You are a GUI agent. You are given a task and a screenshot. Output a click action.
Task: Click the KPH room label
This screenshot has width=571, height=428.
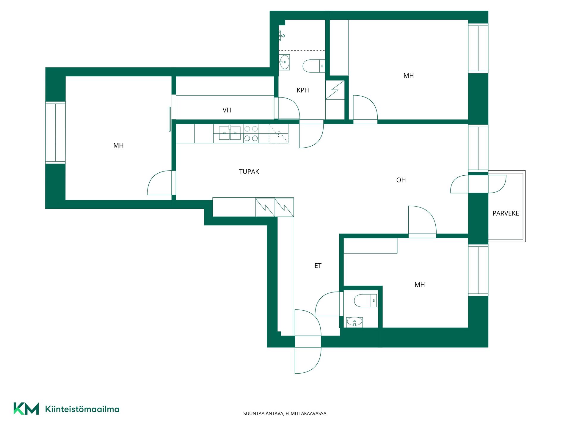[x=303, y=90]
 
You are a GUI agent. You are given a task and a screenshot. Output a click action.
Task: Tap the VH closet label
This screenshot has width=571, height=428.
[x=227, y=110]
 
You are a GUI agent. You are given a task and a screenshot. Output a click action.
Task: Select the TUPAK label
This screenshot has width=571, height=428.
[x=249, y=171]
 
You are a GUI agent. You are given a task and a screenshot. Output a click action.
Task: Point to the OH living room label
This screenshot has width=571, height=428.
[x=401, y=180]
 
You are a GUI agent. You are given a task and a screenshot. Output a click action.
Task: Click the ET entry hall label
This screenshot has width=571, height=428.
[x=318, y=266]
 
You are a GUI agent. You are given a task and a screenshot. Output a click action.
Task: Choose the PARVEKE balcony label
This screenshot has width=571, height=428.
[x=506, y=213]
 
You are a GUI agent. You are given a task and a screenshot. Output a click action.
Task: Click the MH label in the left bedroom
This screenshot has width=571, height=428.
[x=118, y=145]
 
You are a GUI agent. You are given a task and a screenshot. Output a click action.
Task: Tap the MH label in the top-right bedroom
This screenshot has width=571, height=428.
[x=409, y=76]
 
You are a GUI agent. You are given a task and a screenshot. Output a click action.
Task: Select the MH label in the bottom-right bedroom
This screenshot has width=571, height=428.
[x=420, y=285]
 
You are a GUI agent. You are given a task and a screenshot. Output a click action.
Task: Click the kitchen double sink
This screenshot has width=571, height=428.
[x=230, y=133]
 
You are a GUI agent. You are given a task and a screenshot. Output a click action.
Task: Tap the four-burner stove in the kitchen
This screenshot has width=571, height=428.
[x=251, y=133]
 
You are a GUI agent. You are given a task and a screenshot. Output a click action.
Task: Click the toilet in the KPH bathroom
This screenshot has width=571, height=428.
[x=314, y=66]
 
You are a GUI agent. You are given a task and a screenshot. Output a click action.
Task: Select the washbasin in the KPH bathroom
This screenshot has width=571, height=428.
[x=284, y=62]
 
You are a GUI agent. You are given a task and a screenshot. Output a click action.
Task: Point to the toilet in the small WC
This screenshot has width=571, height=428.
[x=365, y=300]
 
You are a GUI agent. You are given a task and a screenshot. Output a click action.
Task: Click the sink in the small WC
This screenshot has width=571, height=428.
[x=354, y=322]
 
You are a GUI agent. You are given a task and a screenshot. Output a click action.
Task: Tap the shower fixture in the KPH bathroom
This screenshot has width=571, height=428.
[x=281, y=36]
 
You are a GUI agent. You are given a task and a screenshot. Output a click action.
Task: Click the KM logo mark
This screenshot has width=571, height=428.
[x=26, y=409]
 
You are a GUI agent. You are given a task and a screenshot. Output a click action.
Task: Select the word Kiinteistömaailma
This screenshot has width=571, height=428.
[x=82, y=409]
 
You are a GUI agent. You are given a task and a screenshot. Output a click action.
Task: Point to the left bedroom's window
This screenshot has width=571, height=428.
[x=55, y=133]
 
